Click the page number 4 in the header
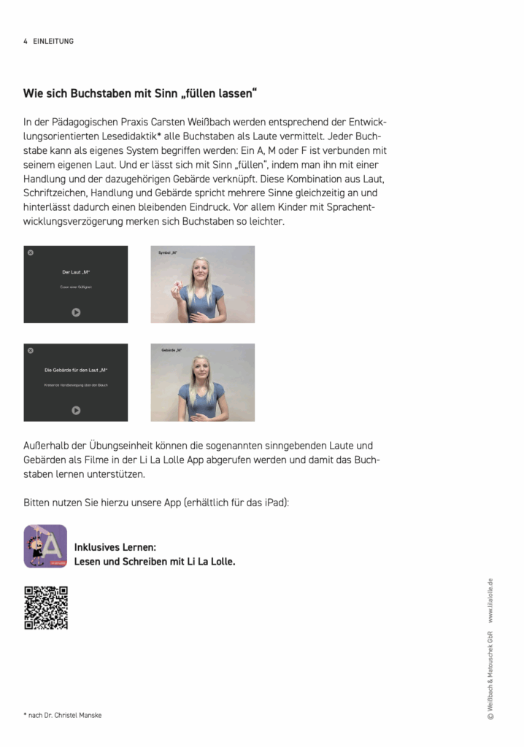26,42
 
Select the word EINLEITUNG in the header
53,42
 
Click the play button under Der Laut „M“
76,312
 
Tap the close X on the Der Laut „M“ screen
31,252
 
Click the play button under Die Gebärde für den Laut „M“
76,411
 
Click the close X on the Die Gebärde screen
31,351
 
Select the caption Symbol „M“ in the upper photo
168,252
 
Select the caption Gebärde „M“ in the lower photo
172,351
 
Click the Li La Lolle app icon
45,546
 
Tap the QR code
46,608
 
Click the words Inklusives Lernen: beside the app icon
115,547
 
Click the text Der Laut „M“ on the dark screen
76,272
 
